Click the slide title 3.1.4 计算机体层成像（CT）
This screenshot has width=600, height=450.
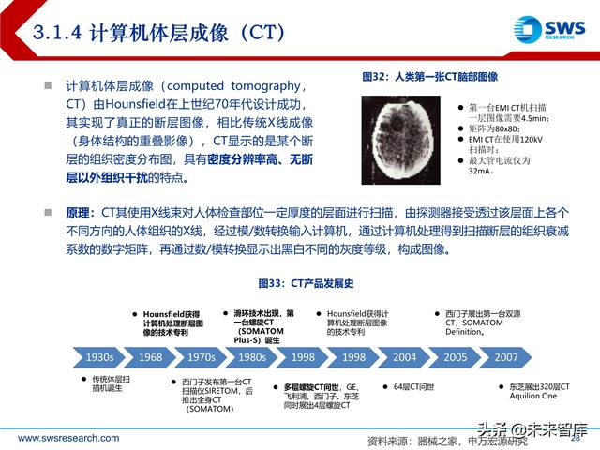point(159,33)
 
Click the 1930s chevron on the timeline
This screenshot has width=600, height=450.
point(99,357)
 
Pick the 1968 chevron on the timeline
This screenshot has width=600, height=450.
point(150,357)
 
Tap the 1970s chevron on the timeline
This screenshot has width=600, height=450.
point(201,357)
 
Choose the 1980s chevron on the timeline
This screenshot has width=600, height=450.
point(251,357)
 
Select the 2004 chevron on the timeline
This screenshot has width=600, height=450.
point(405,357)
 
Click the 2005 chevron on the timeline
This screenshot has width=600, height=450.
point(456,357)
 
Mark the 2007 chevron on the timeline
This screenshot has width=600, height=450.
point(506,357)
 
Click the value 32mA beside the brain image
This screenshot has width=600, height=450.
point(482,172)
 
